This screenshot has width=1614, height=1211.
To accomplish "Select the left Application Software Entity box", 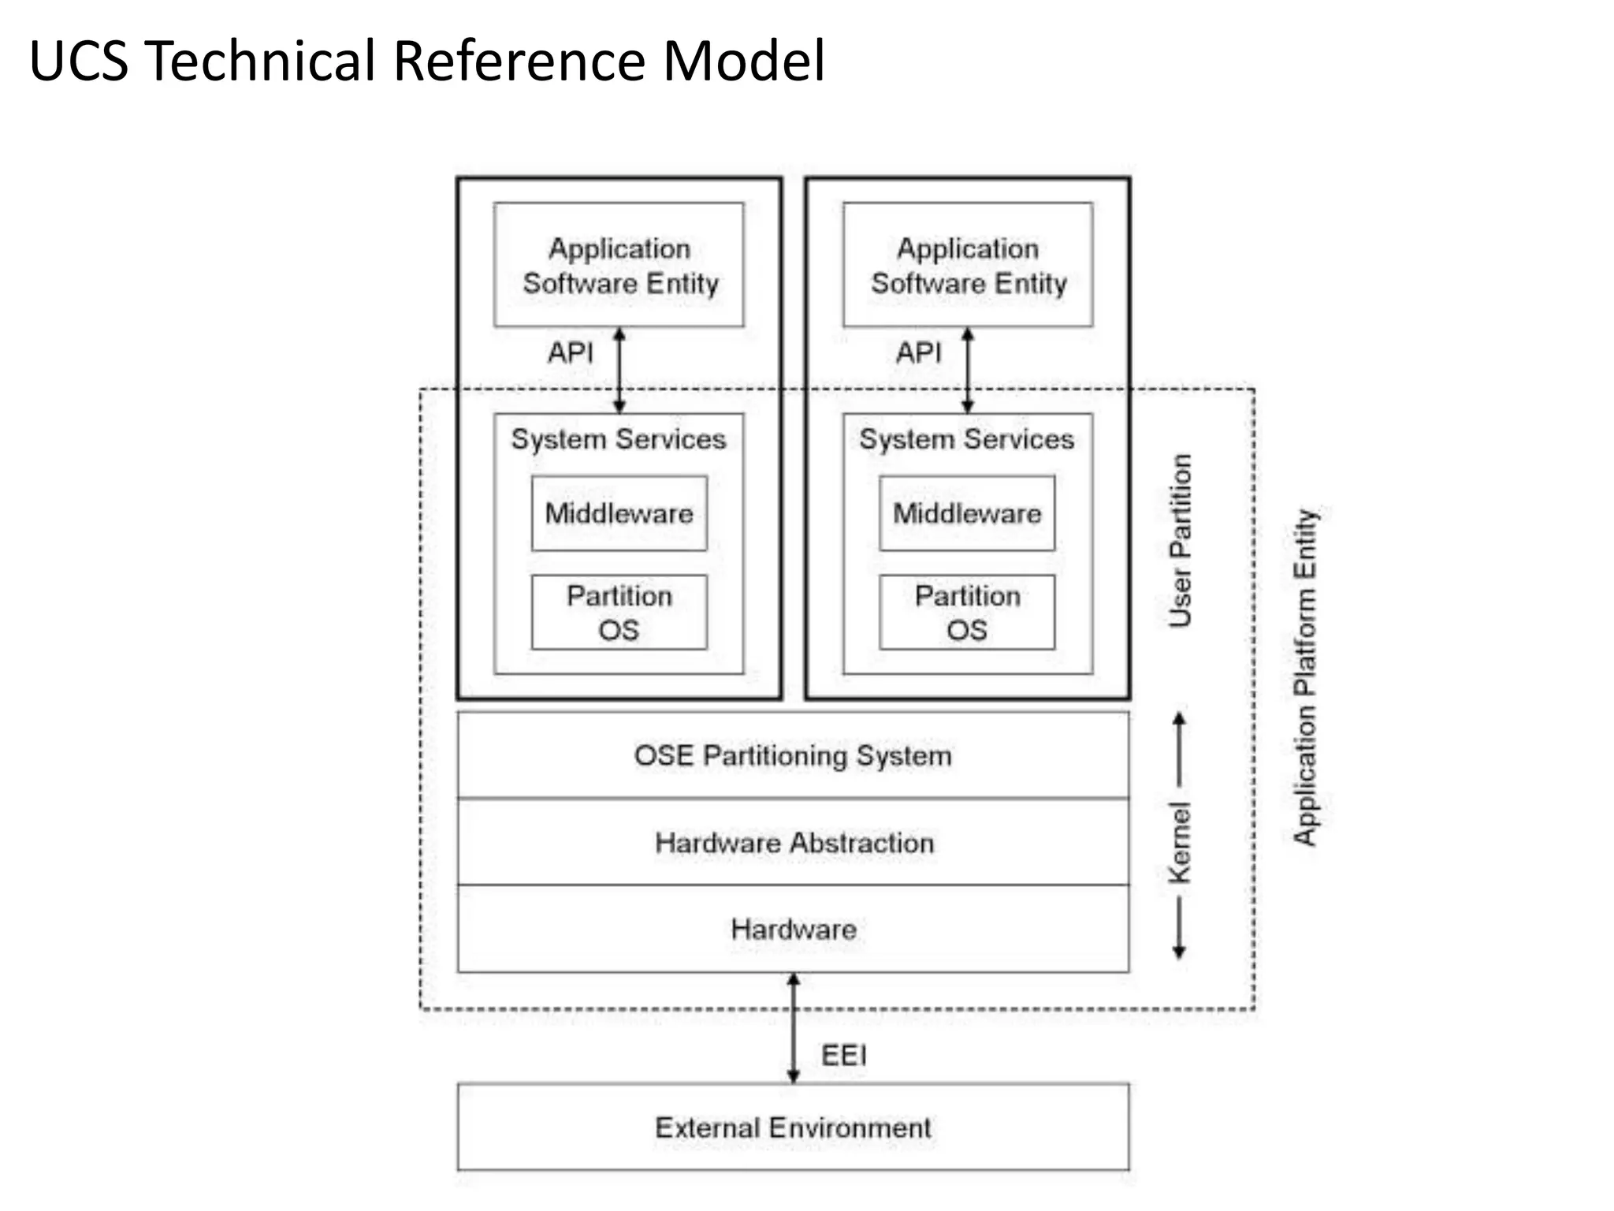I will coord(619,265).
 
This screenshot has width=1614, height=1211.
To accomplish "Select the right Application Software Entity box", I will coord(967,265).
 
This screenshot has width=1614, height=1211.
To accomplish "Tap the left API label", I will coord(570,352).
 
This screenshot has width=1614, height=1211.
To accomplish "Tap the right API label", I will coord(918,352).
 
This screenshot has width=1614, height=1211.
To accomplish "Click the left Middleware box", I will coord(619,513).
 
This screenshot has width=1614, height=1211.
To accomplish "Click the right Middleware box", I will coord(967,513).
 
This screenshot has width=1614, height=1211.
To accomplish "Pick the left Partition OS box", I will coord(619,613).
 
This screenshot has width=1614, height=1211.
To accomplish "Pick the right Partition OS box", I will coord(967,613).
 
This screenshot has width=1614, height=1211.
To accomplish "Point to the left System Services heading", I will coord(619,439).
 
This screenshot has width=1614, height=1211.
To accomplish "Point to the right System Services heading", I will coord(967,439).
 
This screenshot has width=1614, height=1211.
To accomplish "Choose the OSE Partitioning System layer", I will coord(793,755).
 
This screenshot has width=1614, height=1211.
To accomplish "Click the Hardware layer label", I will coord(794,930).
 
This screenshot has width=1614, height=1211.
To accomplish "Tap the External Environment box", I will coord(793,1127).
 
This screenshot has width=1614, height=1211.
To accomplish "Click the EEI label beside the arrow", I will coord(843,1056).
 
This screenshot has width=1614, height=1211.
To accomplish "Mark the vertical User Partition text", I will coord(1180,541).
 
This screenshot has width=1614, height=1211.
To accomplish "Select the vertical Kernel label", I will coord(1180,842).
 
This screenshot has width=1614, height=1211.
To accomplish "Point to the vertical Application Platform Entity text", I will coord(1305,676).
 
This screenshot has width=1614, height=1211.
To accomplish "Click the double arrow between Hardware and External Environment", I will coord(794,1027).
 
